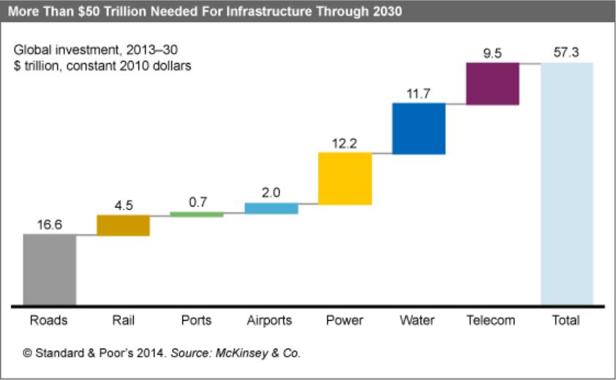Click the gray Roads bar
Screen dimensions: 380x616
(x=50, y=269)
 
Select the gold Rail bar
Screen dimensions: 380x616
(x=123, y=226)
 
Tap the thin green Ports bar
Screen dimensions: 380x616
(x=197, y=215)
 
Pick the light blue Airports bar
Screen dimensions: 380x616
(x=271, y=209)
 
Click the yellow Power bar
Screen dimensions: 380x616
(x=345, y=179)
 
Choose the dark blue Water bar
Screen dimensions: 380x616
(x=418, y=129)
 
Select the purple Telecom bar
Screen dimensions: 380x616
(x=492, y=83)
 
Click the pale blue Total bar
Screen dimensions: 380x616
(x=567, y=183)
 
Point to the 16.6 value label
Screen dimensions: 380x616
(x=50, y=225)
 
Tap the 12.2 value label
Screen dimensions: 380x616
(x=345, y=143)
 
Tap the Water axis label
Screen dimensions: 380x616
(x=418, y=321)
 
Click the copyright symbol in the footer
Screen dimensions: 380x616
(x=28, y=353)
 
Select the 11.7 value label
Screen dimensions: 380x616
(x=418, y=93)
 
